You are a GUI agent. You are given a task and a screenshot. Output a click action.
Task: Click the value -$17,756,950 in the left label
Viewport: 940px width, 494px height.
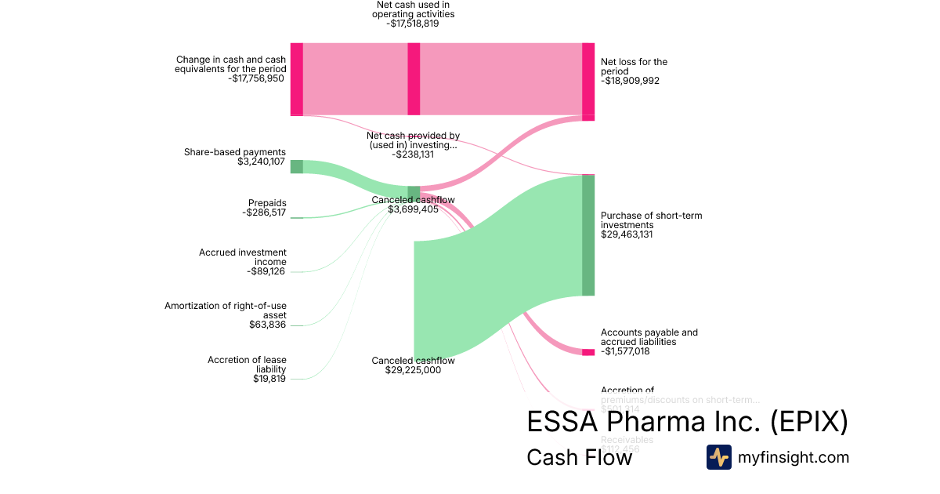pos(256,78)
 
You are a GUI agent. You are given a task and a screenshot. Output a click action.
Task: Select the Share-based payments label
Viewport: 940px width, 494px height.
pos(235,152)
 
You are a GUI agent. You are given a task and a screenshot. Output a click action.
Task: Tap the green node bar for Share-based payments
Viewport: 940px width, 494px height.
pos(296,166)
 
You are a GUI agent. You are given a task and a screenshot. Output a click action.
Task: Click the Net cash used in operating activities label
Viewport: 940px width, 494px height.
pos(413,14)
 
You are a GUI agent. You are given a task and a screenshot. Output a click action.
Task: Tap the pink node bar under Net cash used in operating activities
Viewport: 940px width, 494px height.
pos(414,78)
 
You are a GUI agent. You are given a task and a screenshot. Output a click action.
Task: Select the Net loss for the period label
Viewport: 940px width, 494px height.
pos(634,66)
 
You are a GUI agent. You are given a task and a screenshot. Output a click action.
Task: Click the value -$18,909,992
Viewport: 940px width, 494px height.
pos(630,81)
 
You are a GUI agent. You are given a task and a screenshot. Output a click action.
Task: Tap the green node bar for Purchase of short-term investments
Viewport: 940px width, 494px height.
pos(588,235)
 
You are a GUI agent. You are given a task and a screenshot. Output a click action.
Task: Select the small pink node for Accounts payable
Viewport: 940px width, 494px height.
pos(588,352)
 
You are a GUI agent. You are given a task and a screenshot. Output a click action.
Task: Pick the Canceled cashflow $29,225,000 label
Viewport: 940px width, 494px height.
pos(413,365)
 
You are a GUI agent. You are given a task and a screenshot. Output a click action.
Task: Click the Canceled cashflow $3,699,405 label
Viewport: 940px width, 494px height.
pos(413,205)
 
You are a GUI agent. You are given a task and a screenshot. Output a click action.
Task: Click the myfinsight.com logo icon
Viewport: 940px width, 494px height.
pos(718,457)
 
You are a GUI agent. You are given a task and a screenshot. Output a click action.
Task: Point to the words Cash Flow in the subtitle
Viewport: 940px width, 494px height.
pos(579,457)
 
